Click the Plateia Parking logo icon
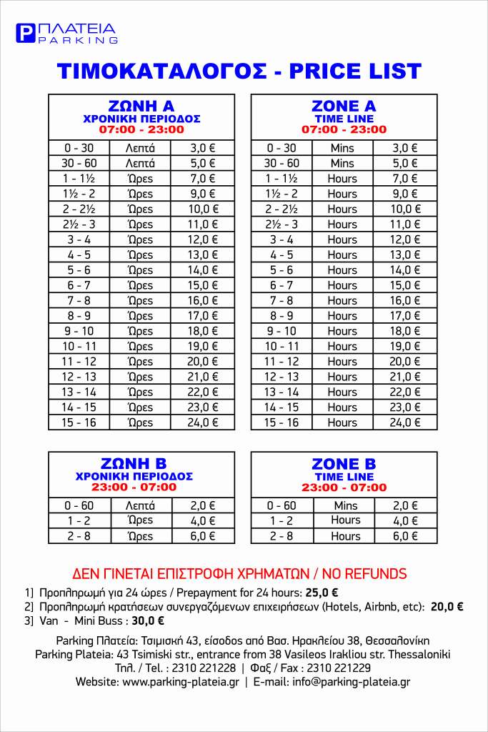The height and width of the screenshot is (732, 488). tap(25, 34)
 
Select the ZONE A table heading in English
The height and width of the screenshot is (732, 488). tap(344, 107)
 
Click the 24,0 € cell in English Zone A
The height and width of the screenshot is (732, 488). tap(405, 422)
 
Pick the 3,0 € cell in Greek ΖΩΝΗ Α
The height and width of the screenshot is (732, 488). tap(203, 148)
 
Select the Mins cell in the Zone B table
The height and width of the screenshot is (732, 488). tap(345, 505)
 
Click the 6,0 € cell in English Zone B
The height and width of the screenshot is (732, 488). tap(405, 535)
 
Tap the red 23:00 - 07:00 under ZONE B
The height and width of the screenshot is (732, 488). tap(344, 488)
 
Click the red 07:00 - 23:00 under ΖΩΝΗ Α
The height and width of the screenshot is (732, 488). tap(141, 130)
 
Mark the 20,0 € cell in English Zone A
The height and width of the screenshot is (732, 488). tap(405, 362)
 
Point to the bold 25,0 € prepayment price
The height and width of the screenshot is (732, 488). tap(322, 593)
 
